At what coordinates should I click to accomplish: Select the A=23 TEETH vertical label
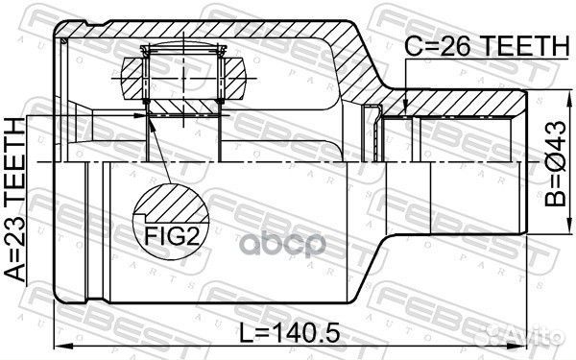(x=16, y=201)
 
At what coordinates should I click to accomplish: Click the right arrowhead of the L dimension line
(x=529, y=347)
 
